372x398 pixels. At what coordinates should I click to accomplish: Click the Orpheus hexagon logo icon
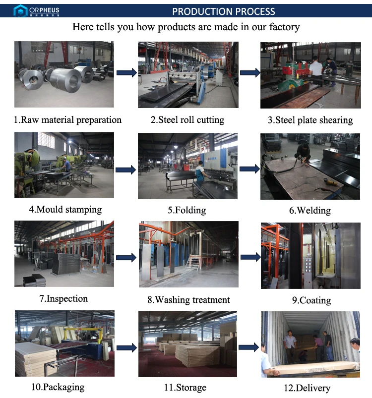[x=20, y=11]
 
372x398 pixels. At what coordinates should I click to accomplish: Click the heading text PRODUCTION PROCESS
[x=224, y=11]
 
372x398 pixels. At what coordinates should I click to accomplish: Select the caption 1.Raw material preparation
[x=67, y=120]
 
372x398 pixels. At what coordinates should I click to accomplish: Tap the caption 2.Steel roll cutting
[x=187, y=120]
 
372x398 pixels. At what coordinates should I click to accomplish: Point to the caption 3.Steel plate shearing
[x=310, y=120]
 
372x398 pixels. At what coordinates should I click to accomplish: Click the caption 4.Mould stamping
[x=65, y=210]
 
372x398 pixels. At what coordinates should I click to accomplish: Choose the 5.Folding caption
[x=186, y=210]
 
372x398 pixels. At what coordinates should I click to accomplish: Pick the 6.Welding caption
[x=310, y=211]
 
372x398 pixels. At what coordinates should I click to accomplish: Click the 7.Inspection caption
[x=63, y=299]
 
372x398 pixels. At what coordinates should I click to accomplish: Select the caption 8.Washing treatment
[x=188, y=300]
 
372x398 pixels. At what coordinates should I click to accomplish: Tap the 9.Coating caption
[x=311, y=300]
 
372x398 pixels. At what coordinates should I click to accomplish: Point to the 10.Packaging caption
[x=58, y=387]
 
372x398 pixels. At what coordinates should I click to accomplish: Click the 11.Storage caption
[x=185, y=388]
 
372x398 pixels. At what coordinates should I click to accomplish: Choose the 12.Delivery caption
[x=307, y=388]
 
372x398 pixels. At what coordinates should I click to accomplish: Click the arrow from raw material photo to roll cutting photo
[x=126, y=73]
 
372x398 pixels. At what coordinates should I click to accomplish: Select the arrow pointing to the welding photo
[x=249, y=169]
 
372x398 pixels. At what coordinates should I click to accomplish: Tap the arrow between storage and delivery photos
[x=248, y=347]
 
